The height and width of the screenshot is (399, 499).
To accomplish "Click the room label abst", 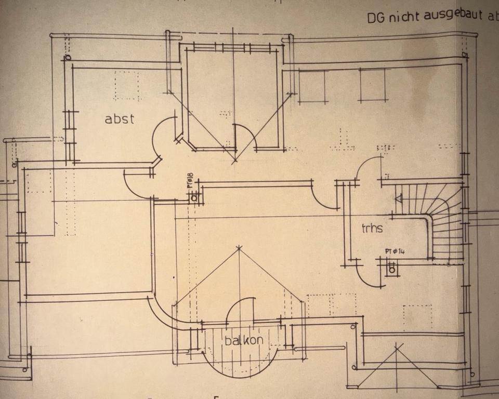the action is tap(120, 118).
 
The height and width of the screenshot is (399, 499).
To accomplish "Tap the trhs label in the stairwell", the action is tap(372, 228).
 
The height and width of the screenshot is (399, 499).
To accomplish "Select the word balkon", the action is tap(244, 341).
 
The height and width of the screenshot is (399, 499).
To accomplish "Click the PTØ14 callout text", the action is tap(395, 251).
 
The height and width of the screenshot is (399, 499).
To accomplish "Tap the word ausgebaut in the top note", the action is tap(453, 15).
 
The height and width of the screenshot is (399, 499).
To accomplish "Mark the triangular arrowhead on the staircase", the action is tap(399, 198).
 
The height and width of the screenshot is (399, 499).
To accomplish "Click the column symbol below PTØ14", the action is tap(391, 268).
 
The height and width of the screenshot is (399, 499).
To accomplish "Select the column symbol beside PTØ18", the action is tap(194, 197).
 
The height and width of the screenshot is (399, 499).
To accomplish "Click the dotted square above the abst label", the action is tap(127, 85).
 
